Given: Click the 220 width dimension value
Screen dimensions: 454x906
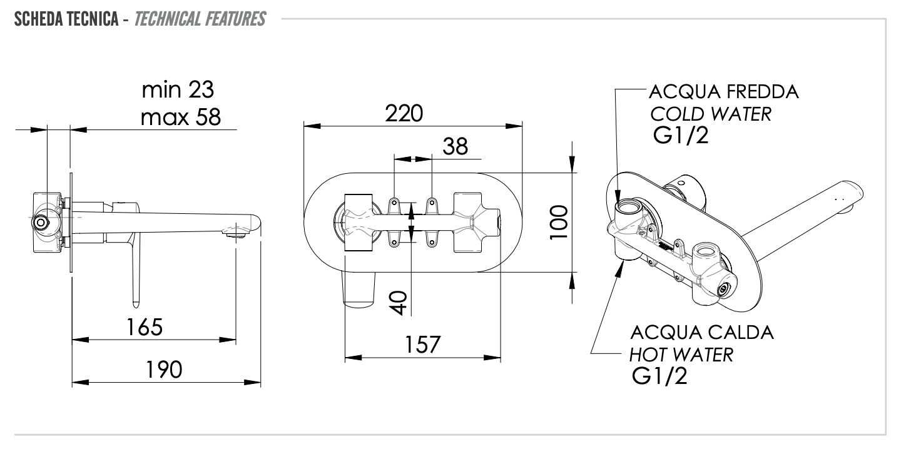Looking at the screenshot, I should coord(404,113).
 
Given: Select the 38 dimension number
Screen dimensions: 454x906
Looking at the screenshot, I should coord(455,146).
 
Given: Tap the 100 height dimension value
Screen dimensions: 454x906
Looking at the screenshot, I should coord(559,222).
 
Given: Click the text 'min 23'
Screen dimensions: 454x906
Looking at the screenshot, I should coord(178,90).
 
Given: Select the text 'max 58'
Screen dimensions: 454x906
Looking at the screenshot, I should coord(181,117).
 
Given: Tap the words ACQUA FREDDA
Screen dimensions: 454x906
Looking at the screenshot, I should coord(724,92).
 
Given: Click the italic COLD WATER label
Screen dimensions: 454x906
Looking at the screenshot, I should coord(711,114).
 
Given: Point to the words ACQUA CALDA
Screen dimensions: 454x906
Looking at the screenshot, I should coord(702,332).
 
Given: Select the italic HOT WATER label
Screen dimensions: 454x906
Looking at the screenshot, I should coord(681,355).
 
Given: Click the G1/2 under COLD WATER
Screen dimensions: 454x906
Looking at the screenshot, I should coord(681,136).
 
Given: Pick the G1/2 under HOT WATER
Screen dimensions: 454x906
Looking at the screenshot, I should coord(659,376).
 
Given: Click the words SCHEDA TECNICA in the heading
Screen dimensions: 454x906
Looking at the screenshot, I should coord(66,19).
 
